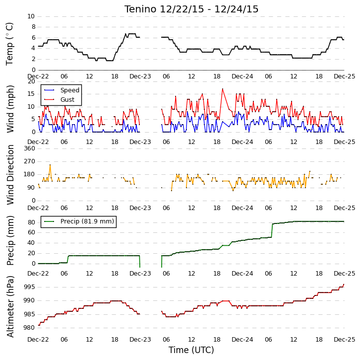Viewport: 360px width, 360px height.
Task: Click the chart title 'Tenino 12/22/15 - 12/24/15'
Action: pyautogui.click(x=191, y=9)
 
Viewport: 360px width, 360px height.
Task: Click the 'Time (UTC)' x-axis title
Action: pyautogui.click(x=191, y=350)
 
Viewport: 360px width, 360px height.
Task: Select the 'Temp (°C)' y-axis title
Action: pyautogui.click(x=9, y=44)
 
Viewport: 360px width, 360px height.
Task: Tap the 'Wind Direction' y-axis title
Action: pyautogui.click(x=10, y=175)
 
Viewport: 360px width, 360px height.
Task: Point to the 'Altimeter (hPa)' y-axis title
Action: pyautogui.click(x=10, y=307)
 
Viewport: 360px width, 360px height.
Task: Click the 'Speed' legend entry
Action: pyautogui.click(x=70, y=90)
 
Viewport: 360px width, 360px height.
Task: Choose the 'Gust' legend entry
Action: pyautogui.click(x=67, y=99)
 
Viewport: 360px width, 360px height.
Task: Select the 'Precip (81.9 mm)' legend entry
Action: pyautogui.click(x=87, y=221)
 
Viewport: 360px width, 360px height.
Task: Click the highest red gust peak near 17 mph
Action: pyautogui.click(x=223, y=89)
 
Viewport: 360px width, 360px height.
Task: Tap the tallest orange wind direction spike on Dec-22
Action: pyautogui.click(x=50, y=165)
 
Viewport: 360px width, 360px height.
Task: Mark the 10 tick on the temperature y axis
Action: pyautogui.click(x=31, y=16)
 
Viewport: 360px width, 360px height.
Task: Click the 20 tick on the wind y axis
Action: pyautogui.click(x=31, y=81)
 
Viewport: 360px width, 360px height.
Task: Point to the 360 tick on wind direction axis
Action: pyautogui.click(x=30, y=148)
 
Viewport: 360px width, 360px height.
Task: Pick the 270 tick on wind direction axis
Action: pyautogui.click(x=30, y=161)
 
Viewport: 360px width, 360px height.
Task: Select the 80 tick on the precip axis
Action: pyautogui.click(x=31, y=222)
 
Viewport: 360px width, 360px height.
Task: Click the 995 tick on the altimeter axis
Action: pyautogui.click(x=30, y=287)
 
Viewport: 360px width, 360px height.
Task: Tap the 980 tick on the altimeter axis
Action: pyautogui.click(x=30, y=327)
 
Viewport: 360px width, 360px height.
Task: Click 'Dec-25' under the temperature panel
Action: pyautogui.click(x=345, y=76)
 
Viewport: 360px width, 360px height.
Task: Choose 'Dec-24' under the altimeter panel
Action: pyautogui.click(x=242, y=339)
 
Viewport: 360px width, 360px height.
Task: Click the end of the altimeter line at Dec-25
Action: pyautogui.click(x=344, y=285)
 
